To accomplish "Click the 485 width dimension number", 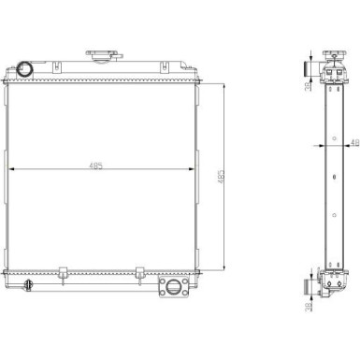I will (96, 166).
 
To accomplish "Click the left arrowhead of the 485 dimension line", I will (11, 169).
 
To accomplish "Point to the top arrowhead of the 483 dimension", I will (224, 84).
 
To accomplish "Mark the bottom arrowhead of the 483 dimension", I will (224, 266).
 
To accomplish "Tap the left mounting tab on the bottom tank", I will (61, 273).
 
